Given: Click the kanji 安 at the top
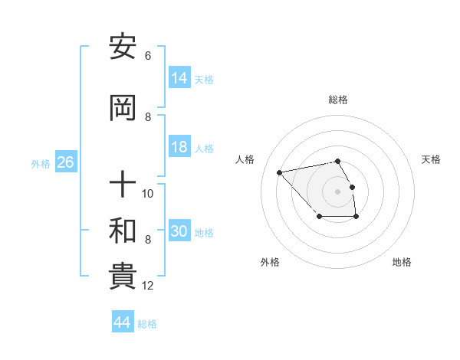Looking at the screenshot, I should [123, 48].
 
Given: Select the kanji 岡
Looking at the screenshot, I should [123, 110].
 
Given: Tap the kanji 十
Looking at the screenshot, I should [123, 185].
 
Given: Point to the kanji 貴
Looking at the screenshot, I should [123, 277].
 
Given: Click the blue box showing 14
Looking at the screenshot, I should [179, 79].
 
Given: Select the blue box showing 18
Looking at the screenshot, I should [179, 148].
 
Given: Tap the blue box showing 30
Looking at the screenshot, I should [179, 232].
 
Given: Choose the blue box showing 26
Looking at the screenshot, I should [65, 163].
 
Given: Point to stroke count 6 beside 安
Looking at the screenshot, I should [147, 56].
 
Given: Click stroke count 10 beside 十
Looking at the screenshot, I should [148, 193].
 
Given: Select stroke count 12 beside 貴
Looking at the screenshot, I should [148, 286].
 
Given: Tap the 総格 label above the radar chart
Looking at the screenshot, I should [337, 100].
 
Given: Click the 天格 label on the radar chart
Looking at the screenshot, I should [432, 159].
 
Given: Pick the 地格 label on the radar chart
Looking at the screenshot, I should [402, 262].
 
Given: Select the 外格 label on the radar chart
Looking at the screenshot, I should [270, 262].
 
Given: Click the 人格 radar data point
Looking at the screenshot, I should [280, 172].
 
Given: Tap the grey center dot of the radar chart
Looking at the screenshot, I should [337, 191].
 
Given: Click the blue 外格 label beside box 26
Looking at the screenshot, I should [41, 164].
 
